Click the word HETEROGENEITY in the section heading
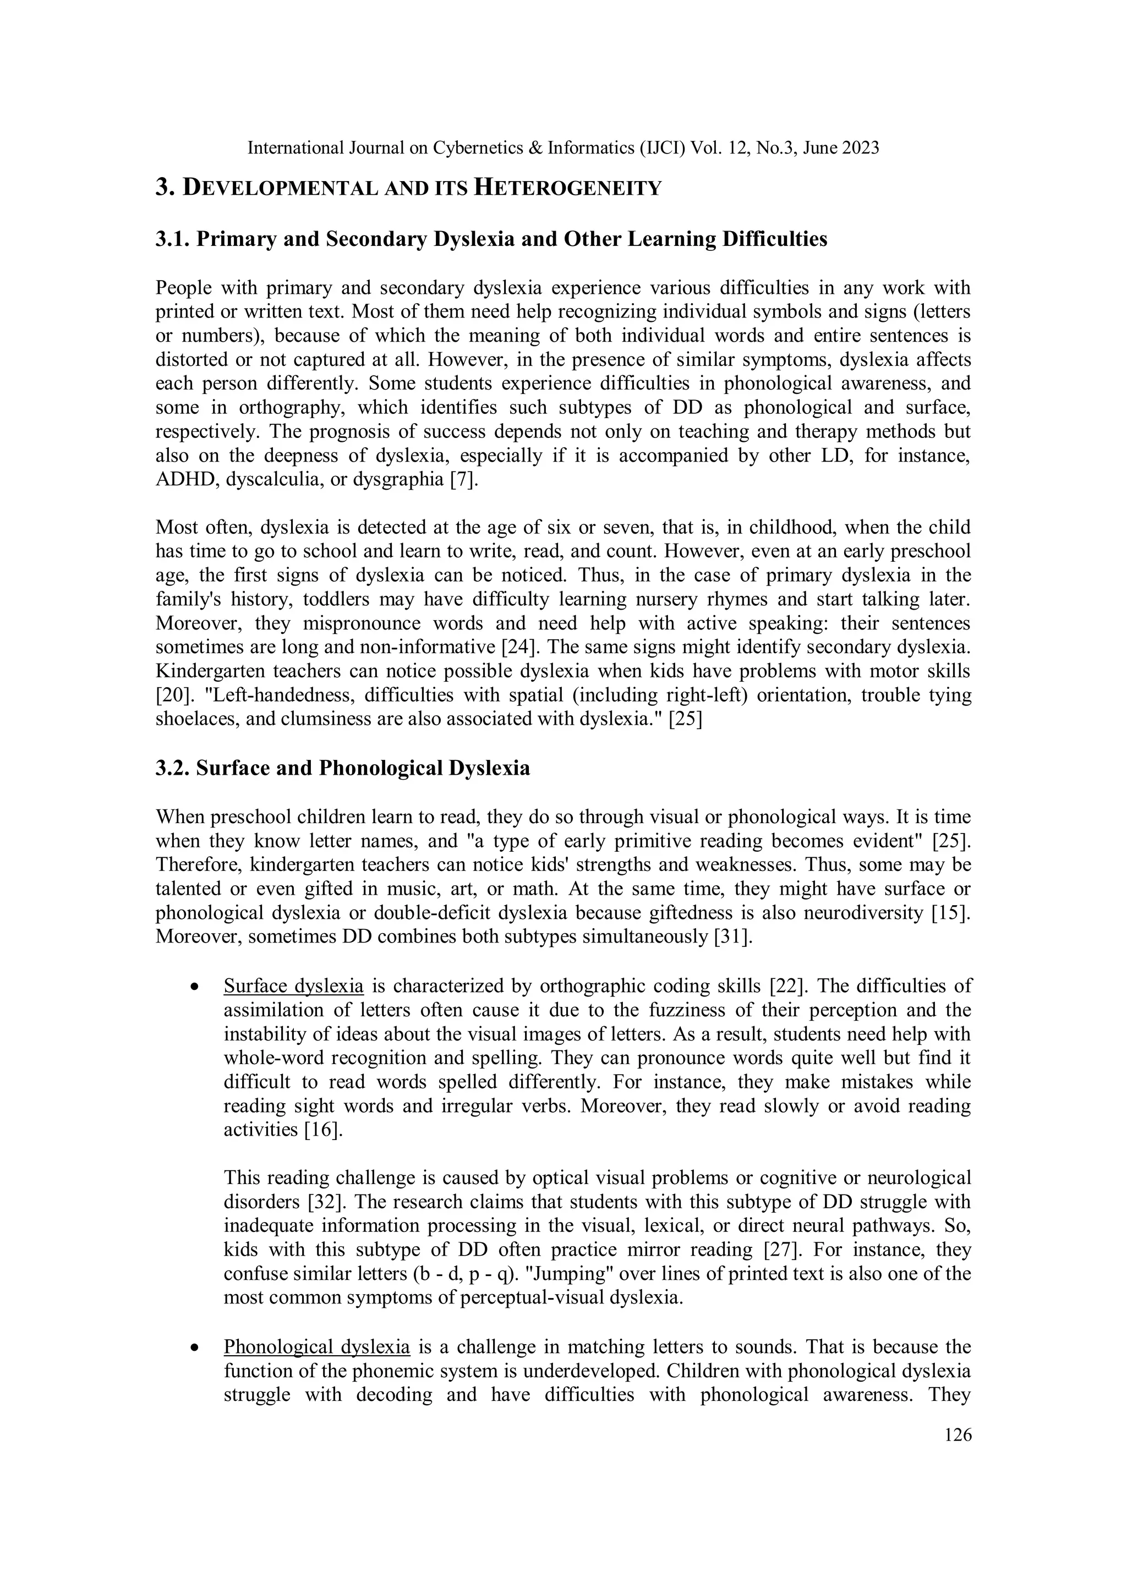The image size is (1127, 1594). [x=567, y=188]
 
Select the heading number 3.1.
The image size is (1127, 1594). [x=172, y=239]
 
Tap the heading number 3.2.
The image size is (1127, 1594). [x=172, y=769]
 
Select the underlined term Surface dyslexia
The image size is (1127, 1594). [x=293, y=986]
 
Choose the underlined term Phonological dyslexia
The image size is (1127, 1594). [x=316, y=1347]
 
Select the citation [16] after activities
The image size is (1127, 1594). [x=324, y=1130]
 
